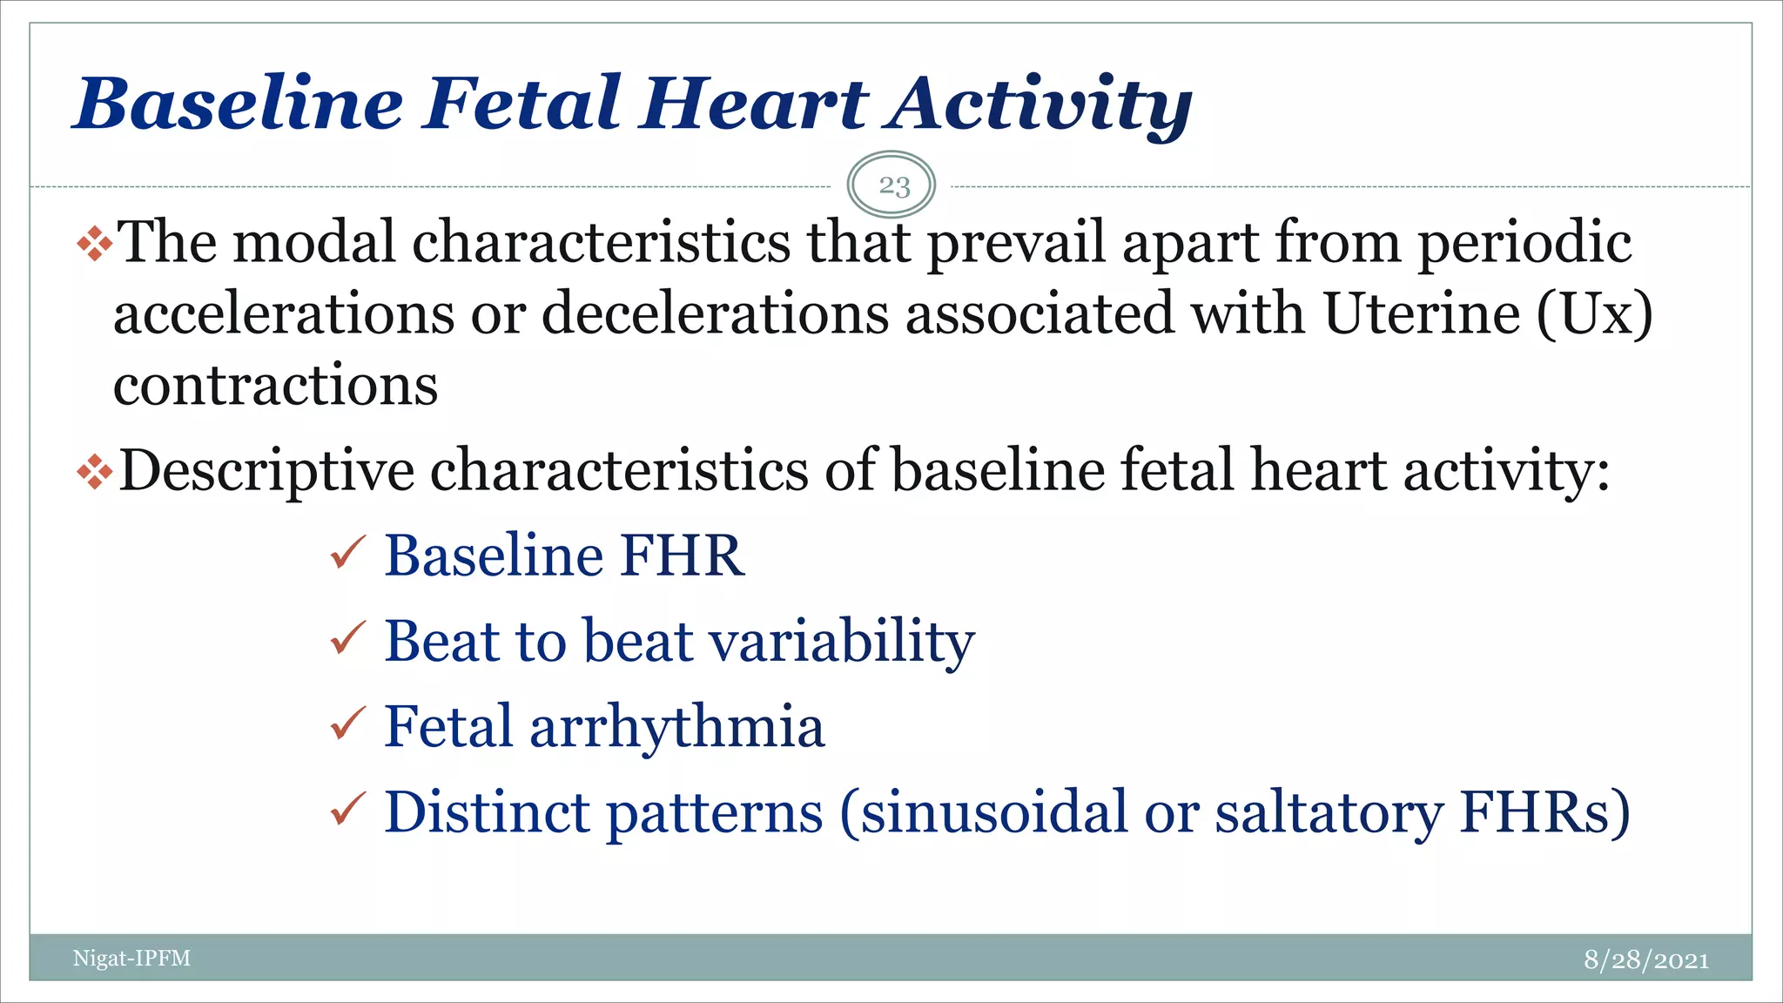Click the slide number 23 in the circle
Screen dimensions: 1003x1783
(893, 185)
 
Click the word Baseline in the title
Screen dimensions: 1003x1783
(239, 104)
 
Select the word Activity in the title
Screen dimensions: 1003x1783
(1040, 104)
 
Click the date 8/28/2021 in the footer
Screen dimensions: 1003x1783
(1645, 959)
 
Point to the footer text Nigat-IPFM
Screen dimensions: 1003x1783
(131, 959)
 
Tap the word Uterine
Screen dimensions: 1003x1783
(1422, 313)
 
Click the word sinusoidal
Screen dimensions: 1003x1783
(993, 811)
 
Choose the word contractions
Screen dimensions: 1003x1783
(275, 385)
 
